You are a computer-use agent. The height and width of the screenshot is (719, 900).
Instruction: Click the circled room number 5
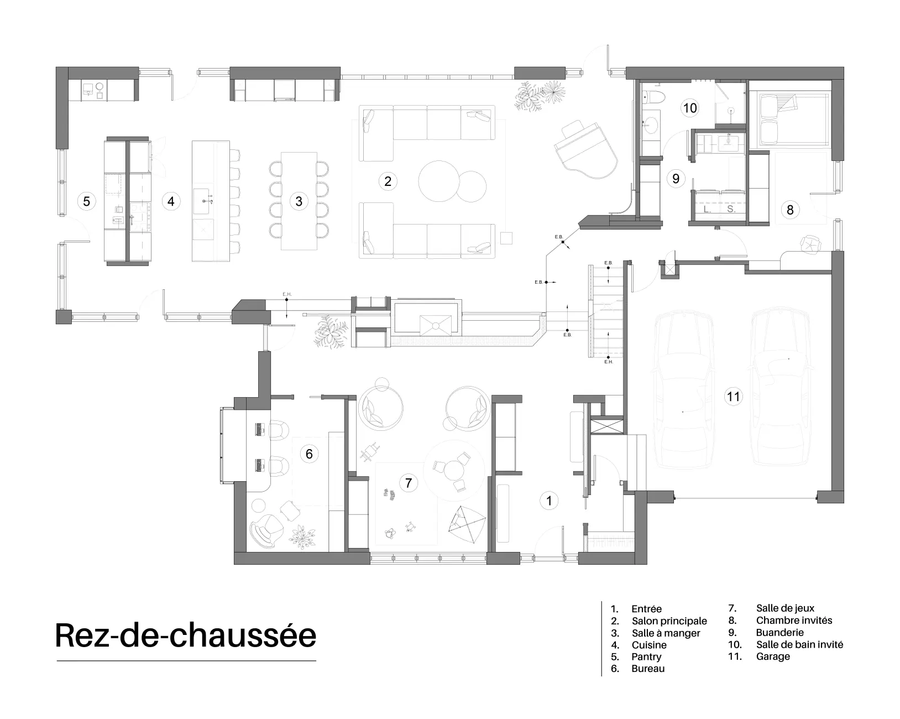pyautogui.click(x=87, y=201)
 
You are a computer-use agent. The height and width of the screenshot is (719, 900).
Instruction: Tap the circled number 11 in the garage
pyautogui.click(x=733, y=397)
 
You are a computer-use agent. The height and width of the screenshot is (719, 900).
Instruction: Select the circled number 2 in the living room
pyautogui.click(x=388, y=181)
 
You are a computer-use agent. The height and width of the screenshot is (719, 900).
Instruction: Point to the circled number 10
pyautogui.click(x=689, y=108)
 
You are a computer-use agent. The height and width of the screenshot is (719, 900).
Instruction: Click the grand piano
pyautogui.click(x=585, y=149)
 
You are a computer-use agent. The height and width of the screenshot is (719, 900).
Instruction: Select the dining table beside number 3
pyautogui.click(x=299, y=201)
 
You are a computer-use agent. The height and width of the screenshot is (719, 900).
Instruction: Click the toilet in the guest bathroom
pyautogui.click(x=652, y=97)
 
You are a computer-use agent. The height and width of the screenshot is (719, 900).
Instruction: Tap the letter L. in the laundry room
pyautogui.click(x=707, y=209)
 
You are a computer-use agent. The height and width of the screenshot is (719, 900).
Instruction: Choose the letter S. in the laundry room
pyautogui.click(x=731, y=209)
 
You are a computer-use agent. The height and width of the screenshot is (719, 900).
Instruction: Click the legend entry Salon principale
pyautogui.click(x=669, y=621)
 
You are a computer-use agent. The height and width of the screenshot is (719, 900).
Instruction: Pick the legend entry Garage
pyautogui.click(x=773, y=656)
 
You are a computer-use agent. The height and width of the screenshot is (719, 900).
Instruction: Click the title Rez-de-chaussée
pyautogui.click(x=186, y=635)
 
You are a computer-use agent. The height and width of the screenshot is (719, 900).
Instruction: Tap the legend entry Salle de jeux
pyautogui.click(x=785, y=608)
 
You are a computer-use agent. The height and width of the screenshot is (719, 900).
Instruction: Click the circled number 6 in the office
pyautogui.click(x=309, y=454)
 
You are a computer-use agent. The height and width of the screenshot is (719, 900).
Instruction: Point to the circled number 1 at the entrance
pyautogui.click(x=549, y=501)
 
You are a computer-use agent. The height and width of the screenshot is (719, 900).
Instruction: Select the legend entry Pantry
pyautogui.click(x=646, y=657)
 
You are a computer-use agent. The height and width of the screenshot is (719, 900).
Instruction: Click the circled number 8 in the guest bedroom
pyautogui.click(x=789, y=210)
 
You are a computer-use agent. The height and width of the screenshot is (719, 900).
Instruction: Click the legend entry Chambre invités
pyautogui.click(x=794, y=620)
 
